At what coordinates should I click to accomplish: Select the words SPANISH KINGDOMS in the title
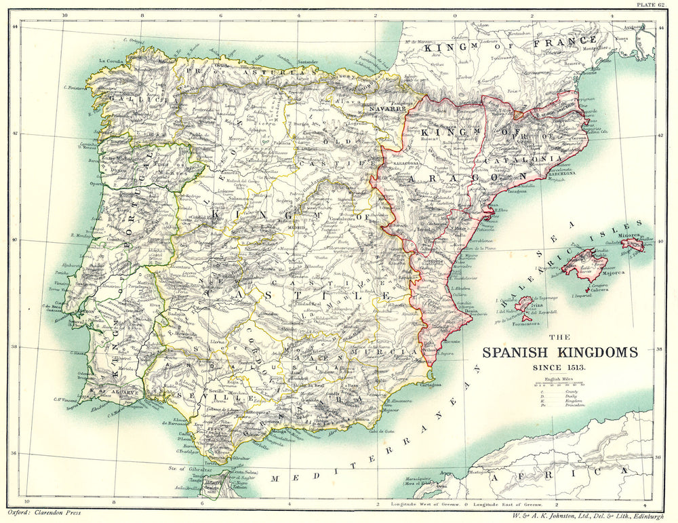coord(559,353)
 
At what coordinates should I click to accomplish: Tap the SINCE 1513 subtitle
coord(559,367)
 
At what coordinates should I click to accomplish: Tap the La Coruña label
coord(111,61)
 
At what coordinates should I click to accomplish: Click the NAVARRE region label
coord(388,109)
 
